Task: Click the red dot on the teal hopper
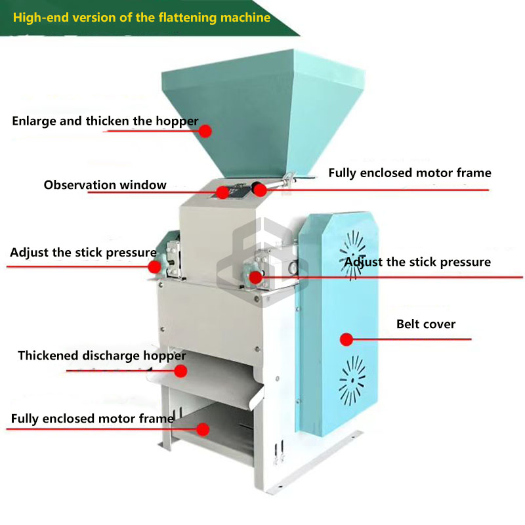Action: pos(205,131)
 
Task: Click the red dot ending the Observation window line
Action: pos(223,192)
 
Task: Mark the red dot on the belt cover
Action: pos(346,339)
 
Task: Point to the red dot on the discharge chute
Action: pos(181,371)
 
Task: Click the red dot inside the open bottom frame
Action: pos(203,429)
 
